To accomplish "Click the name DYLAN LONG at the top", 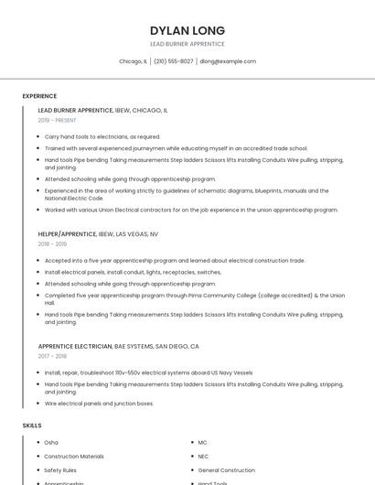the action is (x=187, y=30).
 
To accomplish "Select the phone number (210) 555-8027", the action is (x=174, y=61).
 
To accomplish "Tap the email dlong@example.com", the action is (x=228, y=61).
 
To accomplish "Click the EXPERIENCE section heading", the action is (x=39, y=96).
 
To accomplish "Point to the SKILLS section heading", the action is (x=32, y=426).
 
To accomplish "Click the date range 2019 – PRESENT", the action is (x=57, y=120).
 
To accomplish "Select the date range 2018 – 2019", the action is (x=52, y=244).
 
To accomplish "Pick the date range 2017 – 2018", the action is (x=52, y=357).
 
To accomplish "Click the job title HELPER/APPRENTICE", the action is (x=67, y=234).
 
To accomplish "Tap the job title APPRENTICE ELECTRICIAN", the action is (x=74, y=347).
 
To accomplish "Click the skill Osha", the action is (x=51, y=443).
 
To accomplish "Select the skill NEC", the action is (x=203, y=456).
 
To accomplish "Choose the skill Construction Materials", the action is (x=74, y=456).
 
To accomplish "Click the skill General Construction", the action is (x=226, y=469).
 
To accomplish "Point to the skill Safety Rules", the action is (x=61, y=469).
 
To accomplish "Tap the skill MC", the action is (x=202, y=443).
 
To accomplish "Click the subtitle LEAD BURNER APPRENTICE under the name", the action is (x=187, y=44).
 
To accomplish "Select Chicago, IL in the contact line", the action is (x=133, y=61).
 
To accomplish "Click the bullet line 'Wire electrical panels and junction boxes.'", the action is (x=99, y=404).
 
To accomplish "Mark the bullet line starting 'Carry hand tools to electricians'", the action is (x=102, y=136).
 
